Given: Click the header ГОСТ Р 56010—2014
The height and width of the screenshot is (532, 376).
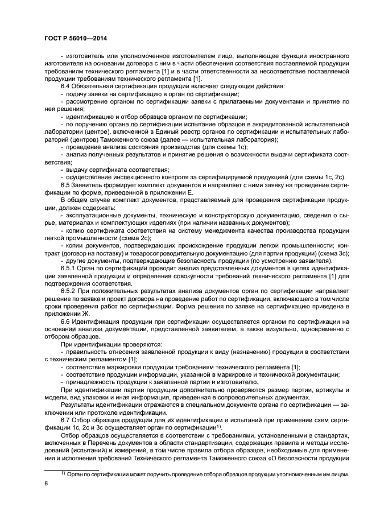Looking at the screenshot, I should tap(76, 39).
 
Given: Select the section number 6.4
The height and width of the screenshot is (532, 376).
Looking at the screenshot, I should tap(66, 85).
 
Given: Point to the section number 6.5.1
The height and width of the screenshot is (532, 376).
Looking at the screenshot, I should tap(69, 267).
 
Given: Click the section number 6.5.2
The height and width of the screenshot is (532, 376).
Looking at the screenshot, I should tap(69, 290).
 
